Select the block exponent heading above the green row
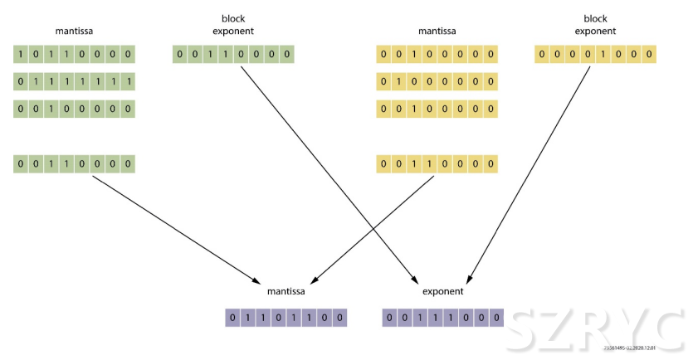[x=233, y=25]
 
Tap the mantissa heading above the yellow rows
[x=437, y=32]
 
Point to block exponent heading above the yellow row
[x=595, y=25]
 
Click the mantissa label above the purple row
[x=286, y=292]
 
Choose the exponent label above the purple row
[x=442, y=292]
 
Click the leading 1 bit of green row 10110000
[x=22, y=56]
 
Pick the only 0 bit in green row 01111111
[x=22, y=82]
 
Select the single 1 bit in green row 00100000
[x=51, y=109]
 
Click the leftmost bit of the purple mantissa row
[x=233, y=318]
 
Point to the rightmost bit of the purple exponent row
[x=496, y=318]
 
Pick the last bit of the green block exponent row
[x=287, y=56]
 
